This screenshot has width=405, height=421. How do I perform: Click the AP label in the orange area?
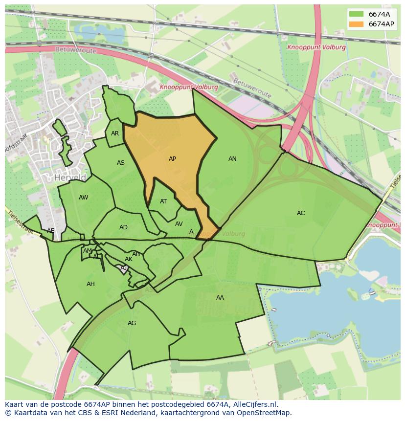[172, 159]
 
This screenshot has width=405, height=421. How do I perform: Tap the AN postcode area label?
[232, 159]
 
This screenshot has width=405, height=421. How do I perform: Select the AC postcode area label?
[301, 213]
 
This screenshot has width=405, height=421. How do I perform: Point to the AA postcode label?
[220, 297]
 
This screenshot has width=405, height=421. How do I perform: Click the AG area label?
[132, 323]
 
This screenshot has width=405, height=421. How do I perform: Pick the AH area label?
[90, 284]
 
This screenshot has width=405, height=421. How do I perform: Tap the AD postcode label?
[123, 227]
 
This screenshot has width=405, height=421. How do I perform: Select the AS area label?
[121, 163]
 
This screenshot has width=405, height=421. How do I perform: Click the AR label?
[115, 133]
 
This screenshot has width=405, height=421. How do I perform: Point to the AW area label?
[83, 198]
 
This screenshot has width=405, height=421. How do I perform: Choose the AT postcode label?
[163, 201]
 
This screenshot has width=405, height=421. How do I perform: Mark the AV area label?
[179, 224]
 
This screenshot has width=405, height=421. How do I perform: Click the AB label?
[136, 254]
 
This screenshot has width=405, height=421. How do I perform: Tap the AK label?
[129, 259]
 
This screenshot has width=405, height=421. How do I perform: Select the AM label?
[88, 251]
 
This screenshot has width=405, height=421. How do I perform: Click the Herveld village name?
[70, 177]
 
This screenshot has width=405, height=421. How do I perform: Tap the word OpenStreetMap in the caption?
[264, 413]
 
